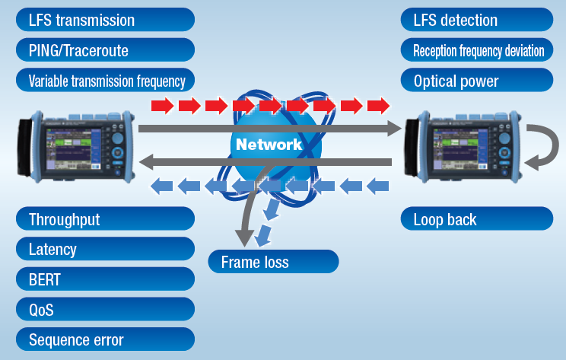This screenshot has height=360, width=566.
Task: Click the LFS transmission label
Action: pyautogui.click(x=105, y=20)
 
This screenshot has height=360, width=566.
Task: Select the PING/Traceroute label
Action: pyautogui.click(x=105, y=50)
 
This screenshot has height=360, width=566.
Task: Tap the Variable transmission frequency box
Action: pyautogui.click(x=105, y=81)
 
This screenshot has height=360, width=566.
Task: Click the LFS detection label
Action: pyautogui.click(x=477, y=20)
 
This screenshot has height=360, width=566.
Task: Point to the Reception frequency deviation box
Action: pyautogui.click(x=477, y=50)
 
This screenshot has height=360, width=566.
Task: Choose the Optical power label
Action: pyautogui.click(x=477, y=81)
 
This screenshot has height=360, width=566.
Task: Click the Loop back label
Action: pyautogui.click(x=477, y=220)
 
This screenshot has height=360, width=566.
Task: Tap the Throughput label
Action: pyautogui.click(x=105, y=220)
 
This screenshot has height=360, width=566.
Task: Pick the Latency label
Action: pyautogui.click(x=105, y=249)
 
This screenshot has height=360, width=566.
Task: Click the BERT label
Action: pyautogui.click(x=105, y=279)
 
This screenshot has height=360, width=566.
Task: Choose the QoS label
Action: pyautogui.click(x=105, y=310)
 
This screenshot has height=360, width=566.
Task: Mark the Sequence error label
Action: pyautogui.click(x=105, y=339)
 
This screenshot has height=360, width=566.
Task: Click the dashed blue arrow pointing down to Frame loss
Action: pyautogui.click(x=266, y=225)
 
